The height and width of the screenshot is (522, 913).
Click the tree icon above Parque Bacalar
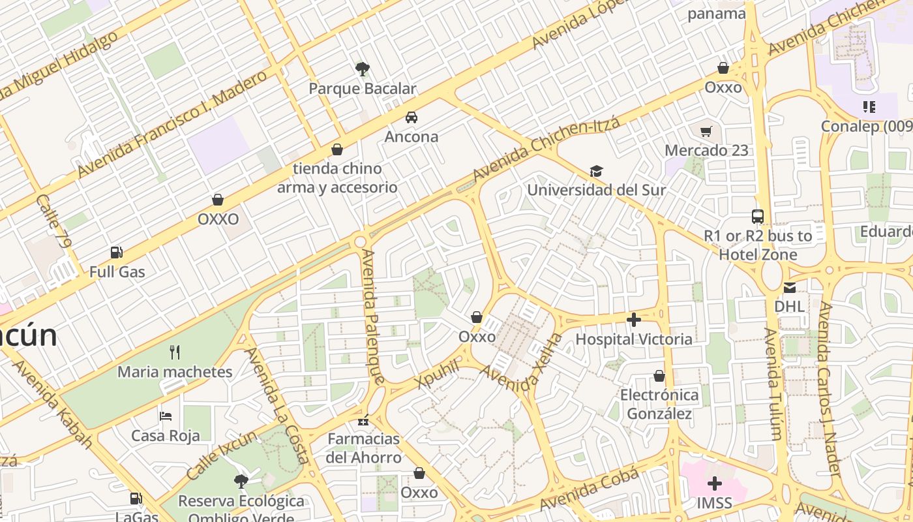pyautogui.click(x=363, y=69)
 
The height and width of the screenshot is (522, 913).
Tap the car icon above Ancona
pyautogui.click(x=412, y=117)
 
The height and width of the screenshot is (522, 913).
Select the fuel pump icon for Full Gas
pyautogui.click(x=117, y=253)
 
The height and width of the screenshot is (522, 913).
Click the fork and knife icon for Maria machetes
pyautogui.click(x=175, y=352)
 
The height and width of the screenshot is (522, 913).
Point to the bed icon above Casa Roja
pyautogui.click(x=166, y=416)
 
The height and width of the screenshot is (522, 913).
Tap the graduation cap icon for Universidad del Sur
pyautogui.click(x=596, y=171)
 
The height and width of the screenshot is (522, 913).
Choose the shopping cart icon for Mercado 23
pyautogui.click(x=706, y=131)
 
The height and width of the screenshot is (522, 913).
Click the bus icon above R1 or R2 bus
pyautogui.click(x=758, y=217)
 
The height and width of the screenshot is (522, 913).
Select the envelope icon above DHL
pyautogui.click(x=790, y=287)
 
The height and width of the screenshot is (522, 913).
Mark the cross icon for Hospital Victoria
pyautogui.click(x=633, y=320)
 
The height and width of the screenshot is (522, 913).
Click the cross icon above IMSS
pyautogui.click(x=715, y=484)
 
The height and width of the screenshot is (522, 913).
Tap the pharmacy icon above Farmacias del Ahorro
pyautogui.click(x=363, y=420)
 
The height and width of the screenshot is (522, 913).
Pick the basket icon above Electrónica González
pyautogui.click(x=659, y=376)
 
